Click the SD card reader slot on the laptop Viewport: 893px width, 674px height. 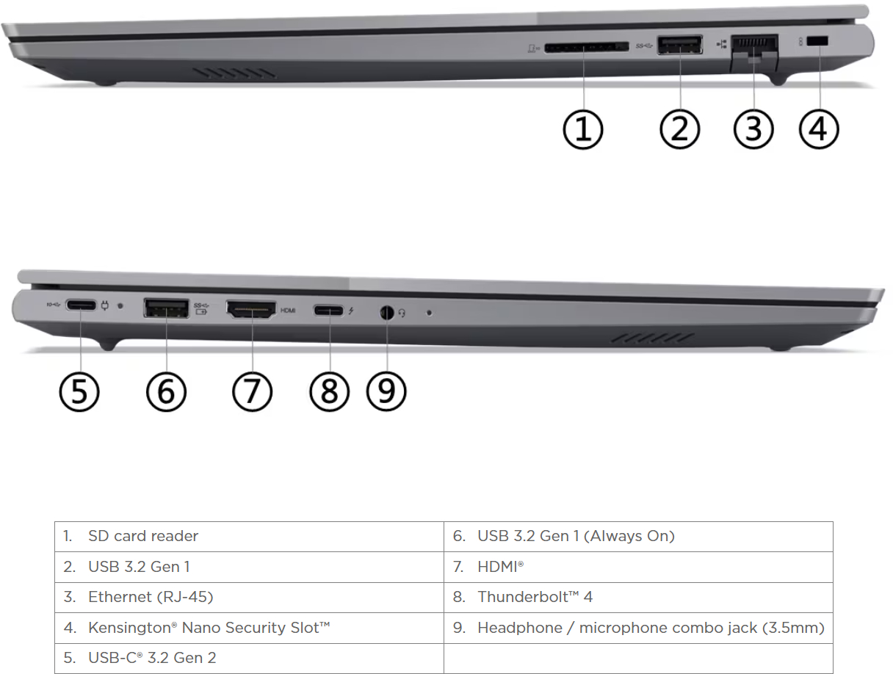click(x=586, y=48)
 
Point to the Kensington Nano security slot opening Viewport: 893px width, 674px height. click(x=818, y=41)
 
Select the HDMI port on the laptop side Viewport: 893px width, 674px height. click(x=251, y=310)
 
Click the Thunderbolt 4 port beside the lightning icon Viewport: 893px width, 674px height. click(x=329, y=311)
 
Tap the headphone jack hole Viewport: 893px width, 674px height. click(x=387, y=313)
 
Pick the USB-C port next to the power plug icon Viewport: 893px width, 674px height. click(x=81, y=305)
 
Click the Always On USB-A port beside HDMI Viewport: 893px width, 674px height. click(x=167, y=308)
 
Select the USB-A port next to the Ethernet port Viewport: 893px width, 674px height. click(x=680, y=45)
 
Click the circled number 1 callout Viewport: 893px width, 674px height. click(x=583, y=129)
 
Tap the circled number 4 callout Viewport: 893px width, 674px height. click(x=819, y=129)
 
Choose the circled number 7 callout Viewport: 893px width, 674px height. click(x=252, y=392)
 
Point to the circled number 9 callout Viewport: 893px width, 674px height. click(x=386, y=391)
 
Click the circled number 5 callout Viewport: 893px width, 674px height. click(x=79, y=392)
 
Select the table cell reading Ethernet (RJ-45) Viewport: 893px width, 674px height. click(x=250, y=597)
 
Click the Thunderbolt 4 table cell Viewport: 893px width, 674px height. click(x=638, y=597)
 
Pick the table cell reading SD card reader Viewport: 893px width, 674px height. click(x=250, y=537)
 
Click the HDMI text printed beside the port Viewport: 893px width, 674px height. click(x=288, y=311)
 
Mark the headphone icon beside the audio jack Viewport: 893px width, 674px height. click(x=402, y=313)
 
